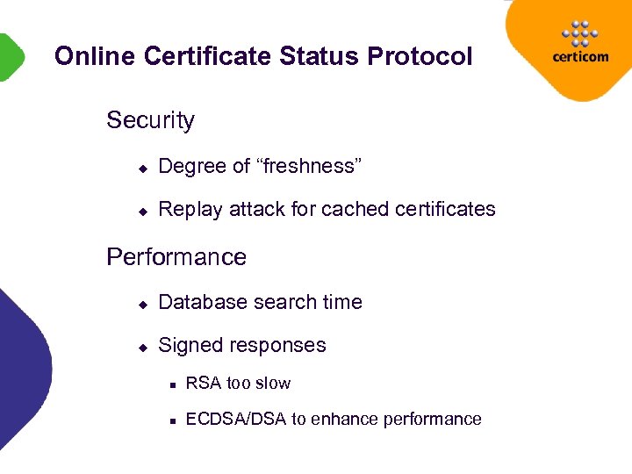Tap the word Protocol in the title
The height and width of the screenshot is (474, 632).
[x=420, y=57]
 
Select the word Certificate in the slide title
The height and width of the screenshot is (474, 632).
[x=207, y=57]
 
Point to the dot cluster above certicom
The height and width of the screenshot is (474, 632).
[x=578, y=32]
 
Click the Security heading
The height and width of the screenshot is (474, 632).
[x=150, y=120]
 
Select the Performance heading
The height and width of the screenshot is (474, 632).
[x=176, y=257]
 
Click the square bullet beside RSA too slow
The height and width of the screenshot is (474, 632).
[x=175, y=384]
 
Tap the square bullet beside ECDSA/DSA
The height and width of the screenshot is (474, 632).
[x=175, y=420]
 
